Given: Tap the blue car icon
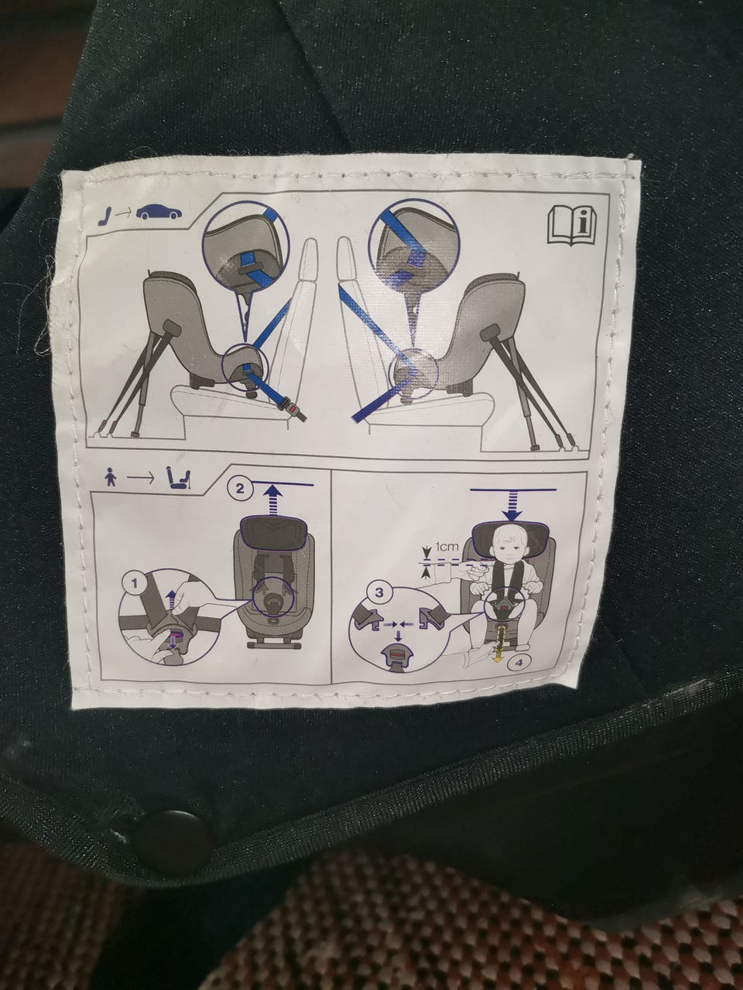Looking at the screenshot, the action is coord(159,213).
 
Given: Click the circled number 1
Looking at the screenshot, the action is coord(134,584).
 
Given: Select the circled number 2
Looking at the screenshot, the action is coord(241,489).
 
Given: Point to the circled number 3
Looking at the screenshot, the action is coord(379,592).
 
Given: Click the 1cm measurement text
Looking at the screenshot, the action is coord(446,547).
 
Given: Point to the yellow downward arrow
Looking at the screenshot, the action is coord(497,650).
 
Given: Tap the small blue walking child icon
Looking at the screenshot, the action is coord(108,479).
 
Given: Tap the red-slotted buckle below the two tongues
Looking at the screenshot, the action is coord(397,655).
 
